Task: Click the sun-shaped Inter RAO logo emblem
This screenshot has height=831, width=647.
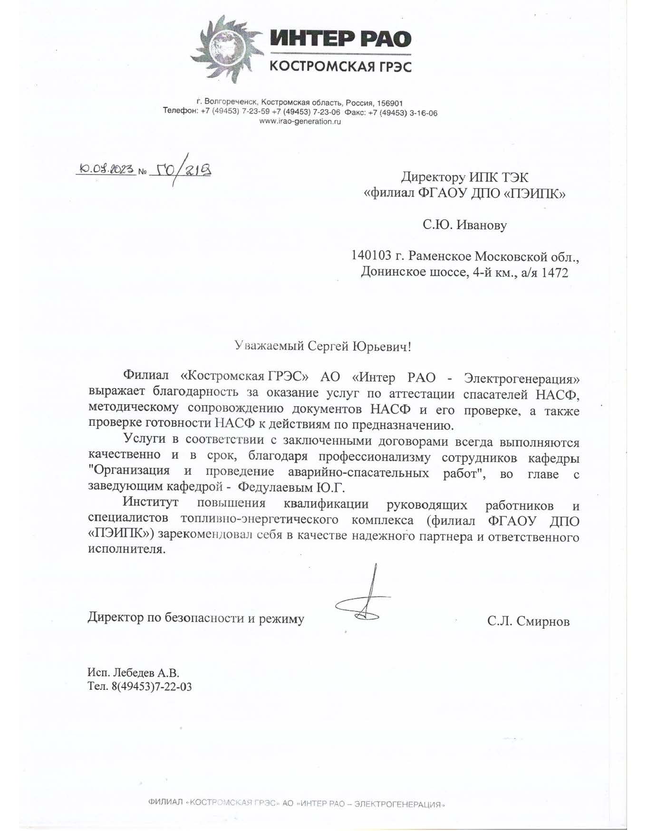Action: (x=224, y=48)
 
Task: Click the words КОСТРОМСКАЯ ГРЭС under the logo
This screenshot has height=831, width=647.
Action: (x=340, y=66)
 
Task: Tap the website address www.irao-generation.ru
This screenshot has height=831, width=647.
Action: (x=300, y=122)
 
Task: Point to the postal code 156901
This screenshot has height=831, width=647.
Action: (x=389, y=103)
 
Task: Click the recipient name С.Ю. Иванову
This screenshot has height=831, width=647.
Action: (x=464, y=225)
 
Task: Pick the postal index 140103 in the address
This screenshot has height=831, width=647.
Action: (x=371, y=257)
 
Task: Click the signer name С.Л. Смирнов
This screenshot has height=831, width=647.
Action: (x=528, y=621)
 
